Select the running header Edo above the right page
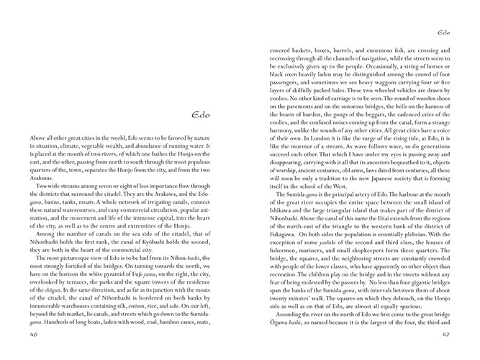443,32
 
